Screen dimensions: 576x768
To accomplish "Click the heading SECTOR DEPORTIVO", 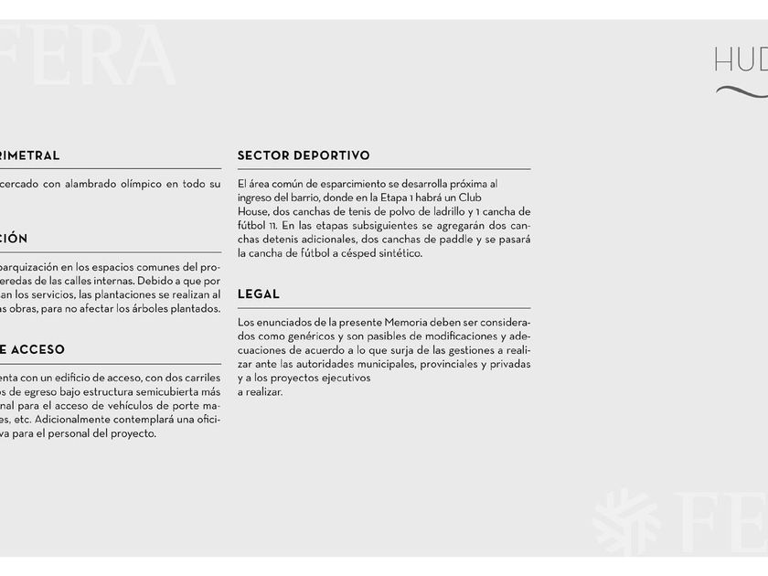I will pyautogui.click(x=304, y=155).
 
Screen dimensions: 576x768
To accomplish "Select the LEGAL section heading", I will pyautogui.click(x=259, y=294).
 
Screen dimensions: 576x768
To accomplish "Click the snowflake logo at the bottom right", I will pyautogui.click(x=625, y=522).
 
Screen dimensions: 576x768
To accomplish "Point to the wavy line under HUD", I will pyautogui.click(x=741, y=91).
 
